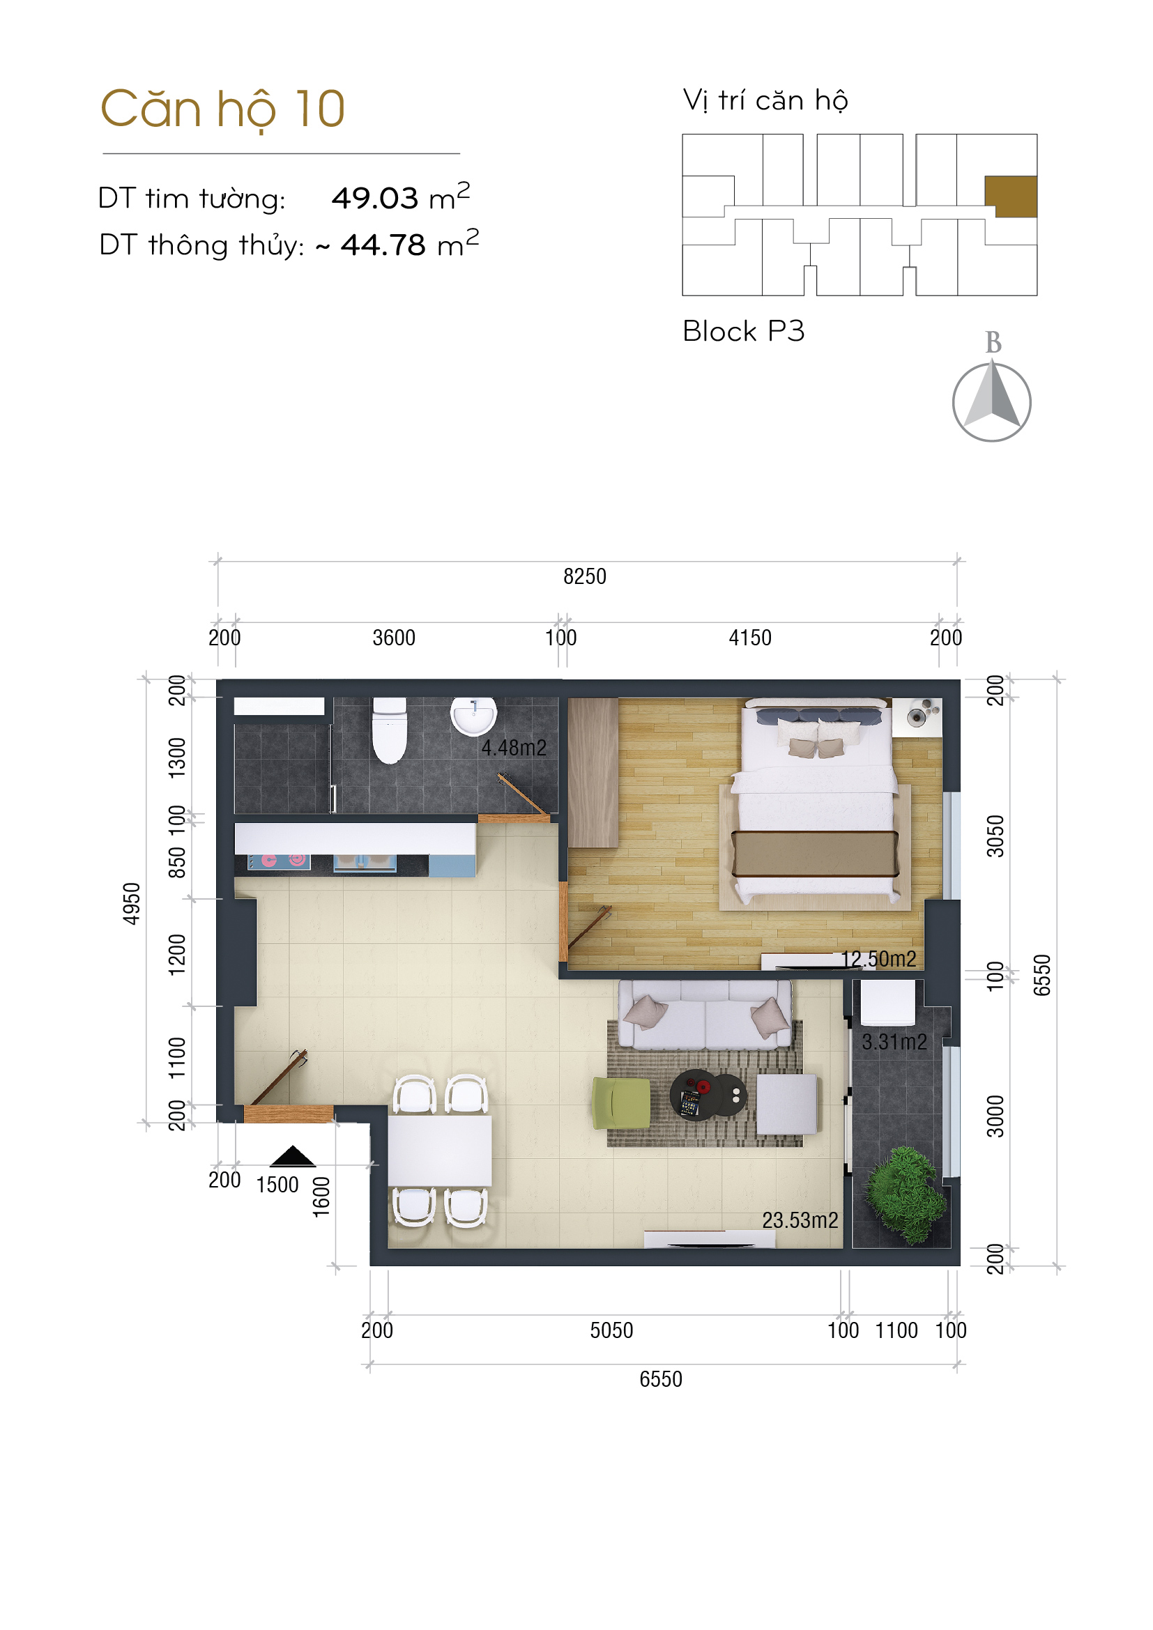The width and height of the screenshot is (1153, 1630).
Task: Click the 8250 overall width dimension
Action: pyautogui.click(x=585, y=576)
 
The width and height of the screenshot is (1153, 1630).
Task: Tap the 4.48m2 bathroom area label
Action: pyautogui.click(x=514, y=748)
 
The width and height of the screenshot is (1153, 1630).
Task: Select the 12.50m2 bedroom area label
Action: pyautogui.click(x=879, y=959)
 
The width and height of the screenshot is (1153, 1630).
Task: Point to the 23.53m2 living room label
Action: pyautogui.click(x=800, y=1220)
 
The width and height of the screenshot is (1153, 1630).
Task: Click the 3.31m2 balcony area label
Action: pyautogui.click(x=894, y=1042)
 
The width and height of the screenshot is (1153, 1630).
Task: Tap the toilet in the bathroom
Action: pyautogui.click(x=390, y=730)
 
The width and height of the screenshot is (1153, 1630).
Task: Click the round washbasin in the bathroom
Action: pyautogui.click(x=473, y=716)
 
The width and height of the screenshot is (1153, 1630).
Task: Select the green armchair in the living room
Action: pyautogui.click(x=621, y=1103)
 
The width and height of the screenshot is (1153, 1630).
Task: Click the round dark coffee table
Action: pyautogui.click(x=708, y=1095)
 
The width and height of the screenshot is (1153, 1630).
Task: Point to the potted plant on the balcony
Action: pyautogui.click(x=906, y=1196)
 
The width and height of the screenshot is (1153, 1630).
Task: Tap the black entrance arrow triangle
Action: pyautogui.click(x=293, y=1157)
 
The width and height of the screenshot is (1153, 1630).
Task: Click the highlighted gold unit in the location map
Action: pyautogui.click(x=1011, y=197)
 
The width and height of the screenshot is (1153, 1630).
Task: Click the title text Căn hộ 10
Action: pyautogui.click(x=223, y=109)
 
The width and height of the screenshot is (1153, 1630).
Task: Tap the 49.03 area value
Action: pyautogui.click(x=375, y=199)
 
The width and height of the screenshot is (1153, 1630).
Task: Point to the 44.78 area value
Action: pyautogui.click(x=383, y=245)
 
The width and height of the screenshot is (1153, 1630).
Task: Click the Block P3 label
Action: pyautogui.click(x=743, y=332)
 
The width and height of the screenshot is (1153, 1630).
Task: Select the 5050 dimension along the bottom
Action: pyautogui.click(x=611, y=1330)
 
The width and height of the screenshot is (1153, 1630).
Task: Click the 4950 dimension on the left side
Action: pyautogui.click(x=132, y=904)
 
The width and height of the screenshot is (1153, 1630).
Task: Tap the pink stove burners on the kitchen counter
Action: pyautogui.click(x=279, y=861)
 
